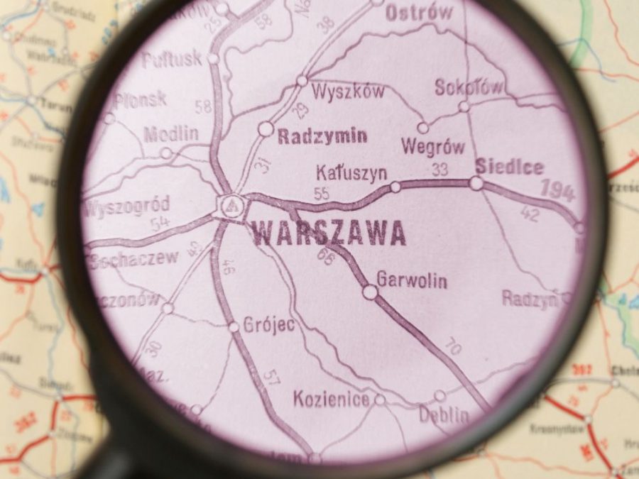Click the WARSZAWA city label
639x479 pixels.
329,233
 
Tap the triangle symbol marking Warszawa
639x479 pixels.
229,206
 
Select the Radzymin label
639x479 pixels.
322,136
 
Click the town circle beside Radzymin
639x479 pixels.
266,129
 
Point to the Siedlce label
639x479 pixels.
509,167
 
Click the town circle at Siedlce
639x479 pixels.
476,183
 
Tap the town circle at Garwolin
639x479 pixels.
370,292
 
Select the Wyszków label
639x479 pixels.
348,92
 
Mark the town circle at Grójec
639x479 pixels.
234,327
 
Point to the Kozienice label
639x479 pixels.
332,400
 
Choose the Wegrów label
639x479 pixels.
433,147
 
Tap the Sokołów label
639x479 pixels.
469,87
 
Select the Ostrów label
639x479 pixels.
419,12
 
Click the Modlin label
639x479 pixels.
171,133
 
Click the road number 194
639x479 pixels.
557,190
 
